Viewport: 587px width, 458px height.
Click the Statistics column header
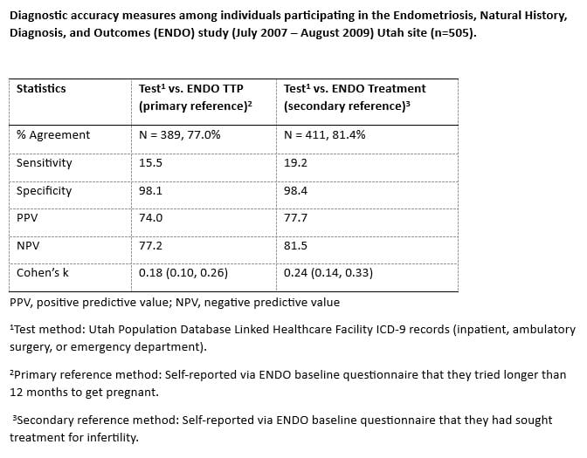41,89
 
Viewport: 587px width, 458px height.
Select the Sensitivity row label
44,163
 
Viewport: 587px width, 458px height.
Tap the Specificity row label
44,191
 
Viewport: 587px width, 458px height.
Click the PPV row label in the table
27,217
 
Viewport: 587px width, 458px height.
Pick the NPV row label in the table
28,246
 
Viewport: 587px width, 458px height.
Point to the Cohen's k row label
42,272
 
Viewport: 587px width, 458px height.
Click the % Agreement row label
52,134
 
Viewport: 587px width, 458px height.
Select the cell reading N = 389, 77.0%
179,134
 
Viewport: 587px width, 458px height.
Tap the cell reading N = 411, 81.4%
324,134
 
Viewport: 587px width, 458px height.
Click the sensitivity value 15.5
150,162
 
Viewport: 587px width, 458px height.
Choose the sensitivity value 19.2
295,162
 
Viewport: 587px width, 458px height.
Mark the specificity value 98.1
150,191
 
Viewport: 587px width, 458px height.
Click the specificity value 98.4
295,191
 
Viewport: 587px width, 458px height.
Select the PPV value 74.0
150,217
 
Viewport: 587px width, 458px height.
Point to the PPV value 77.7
295,217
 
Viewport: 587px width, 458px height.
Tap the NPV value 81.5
295,246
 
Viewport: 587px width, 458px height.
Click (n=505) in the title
453,33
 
